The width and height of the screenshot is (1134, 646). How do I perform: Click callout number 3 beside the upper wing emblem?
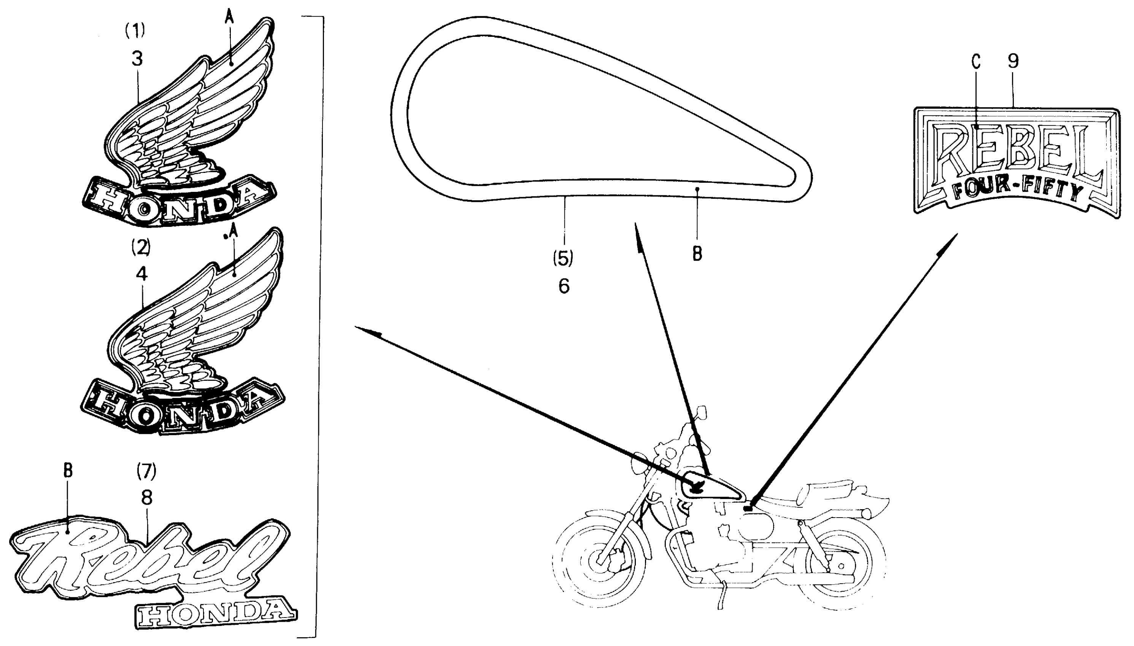[137, 58]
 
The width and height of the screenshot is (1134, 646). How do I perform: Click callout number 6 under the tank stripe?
[564, 286]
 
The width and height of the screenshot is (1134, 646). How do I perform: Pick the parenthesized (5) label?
[563, 258]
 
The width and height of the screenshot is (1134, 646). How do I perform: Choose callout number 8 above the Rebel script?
[146, 498]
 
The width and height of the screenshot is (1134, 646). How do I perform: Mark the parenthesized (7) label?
[146, 471]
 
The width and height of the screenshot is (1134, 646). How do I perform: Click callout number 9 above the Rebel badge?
[1013, 61]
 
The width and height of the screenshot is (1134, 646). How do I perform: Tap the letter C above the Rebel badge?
[975, 61]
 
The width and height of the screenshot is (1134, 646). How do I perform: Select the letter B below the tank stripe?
[697, 254]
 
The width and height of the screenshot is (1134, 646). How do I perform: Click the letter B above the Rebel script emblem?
[67, 471]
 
